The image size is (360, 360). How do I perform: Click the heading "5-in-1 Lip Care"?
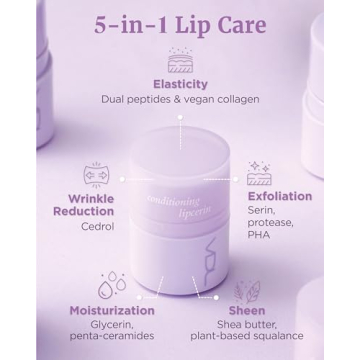click(x=180, y=25)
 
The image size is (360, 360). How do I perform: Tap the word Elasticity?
click(x=180, y=84)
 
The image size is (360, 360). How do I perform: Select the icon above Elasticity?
click(x=180, y=61)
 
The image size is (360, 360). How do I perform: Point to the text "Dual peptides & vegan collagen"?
click(x=180, y=100)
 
